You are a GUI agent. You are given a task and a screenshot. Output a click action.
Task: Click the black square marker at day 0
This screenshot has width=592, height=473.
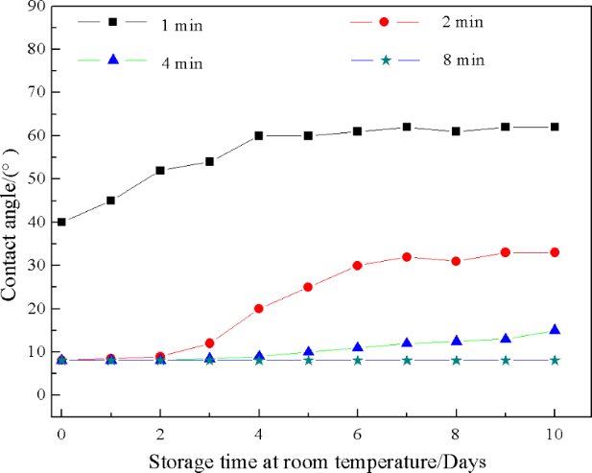[61, 222]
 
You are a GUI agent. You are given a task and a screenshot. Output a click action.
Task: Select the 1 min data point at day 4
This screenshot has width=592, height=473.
[259, 135]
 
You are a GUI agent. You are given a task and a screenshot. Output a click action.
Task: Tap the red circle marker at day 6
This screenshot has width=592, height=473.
[357, 266]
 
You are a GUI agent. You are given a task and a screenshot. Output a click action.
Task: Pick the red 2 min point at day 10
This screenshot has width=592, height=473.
[555, 252]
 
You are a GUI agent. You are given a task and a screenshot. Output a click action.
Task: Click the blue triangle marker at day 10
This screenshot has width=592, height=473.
[555, 330]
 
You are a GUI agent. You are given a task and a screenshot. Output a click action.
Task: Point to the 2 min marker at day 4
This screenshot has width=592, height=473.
[259, 309]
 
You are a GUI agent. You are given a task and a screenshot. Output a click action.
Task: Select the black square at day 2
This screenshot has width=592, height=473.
[160, 170]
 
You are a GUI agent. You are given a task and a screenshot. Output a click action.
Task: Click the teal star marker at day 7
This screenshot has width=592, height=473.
[407, 360]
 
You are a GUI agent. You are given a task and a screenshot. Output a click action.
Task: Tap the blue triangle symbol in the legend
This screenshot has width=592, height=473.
[113, 60]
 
